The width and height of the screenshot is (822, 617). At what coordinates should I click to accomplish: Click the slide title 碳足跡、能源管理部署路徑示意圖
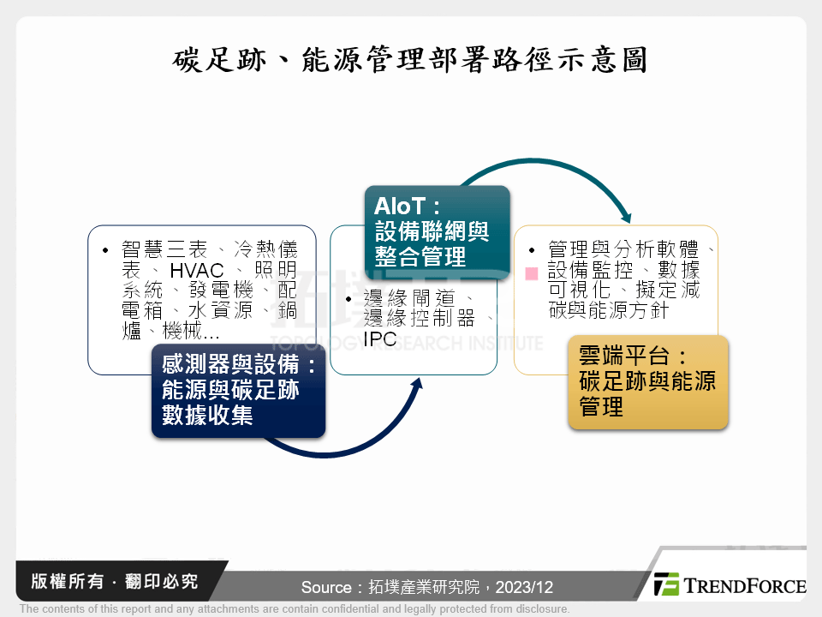pyautogui.click(x=410, y=60)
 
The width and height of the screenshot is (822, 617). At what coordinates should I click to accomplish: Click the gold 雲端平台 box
pyautogui.click(x=647, y=382)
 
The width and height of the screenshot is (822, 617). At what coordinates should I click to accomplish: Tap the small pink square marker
pyautogui.click(x=531, y=273)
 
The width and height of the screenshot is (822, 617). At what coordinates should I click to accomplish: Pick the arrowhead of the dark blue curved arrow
pyautogui.click(x=417, y=385)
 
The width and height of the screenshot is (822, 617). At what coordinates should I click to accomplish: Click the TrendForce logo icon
pyautogui.click(x=666, y=584)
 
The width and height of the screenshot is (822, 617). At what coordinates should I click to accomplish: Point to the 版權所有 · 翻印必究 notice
pyautogui.click(x=114, y=582)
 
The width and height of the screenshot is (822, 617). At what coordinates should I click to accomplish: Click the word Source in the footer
pyautogui.click(x=325, y=588)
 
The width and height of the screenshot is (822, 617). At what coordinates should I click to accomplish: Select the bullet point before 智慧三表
pyautogui.click(x=104, y=251)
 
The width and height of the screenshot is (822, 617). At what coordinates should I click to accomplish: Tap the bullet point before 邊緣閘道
pyautogui.click(x=348, y=300)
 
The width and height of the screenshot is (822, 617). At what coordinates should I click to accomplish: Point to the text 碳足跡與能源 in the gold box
pyautogui.click(x=647, y=381)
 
